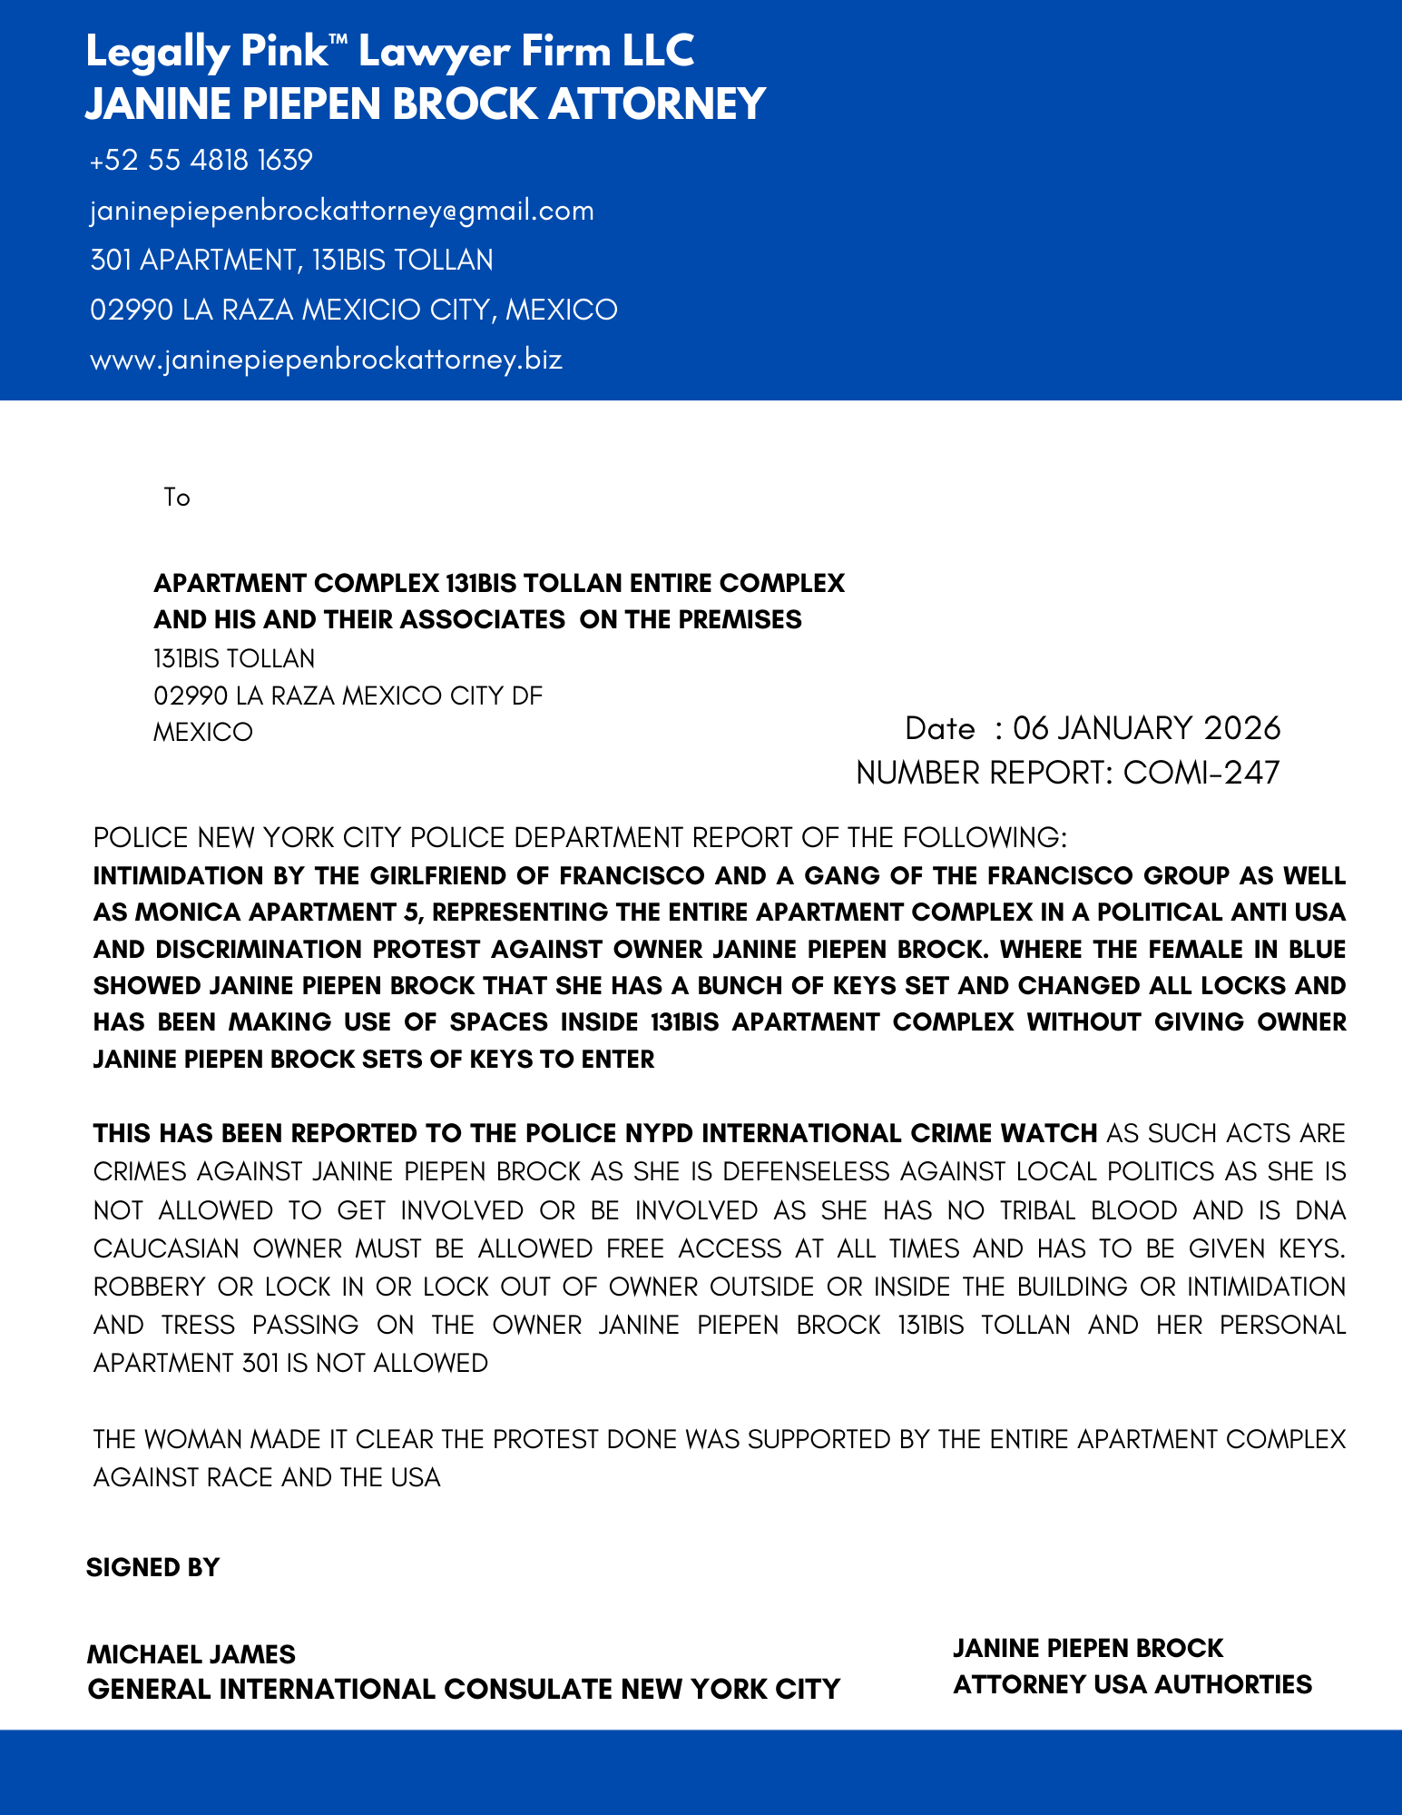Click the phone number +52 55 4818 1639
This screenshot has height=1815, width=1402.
tap(201, 161)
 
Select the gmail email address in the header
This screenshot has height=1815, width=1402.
tap(342, 211)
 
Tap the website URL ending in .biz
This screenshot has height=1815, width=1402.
tap(326, 360)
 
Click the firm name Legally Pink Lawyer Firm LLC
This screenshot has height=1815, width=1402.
tap(389, 52)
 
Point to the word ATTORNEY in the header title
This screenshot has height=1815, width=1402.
tap(657, 104)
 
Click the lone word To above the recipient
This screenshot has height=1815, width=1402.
tap(177, 498)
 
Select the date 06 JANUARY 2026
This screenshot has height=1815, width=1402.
tap(1146, 728)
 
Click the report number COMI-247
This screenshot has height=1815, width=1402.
tap(1201, 773)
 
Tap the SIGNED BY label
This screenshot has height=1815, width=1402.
tap(153, 1567)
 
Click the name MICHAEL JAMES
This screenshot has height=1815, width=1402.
tap(191, 1654)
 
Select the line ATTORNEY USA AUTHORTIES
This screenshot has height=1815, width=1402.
tap(1132, 1685)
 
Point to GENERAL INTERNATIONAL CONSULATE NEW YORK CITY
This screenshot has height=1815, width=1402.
tap(464, 1690)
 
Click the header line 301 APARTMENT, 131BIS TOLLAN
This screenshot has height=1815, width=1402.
tap(291, 261)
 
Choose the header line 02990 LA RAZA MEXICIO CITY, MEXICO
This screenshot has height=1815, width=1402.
tap(354, 311)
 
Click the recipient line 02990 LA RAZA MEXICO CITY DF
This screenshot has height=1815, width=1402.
tap(348, 696)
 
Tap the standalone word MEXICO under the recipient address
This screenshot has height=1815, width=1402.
tap(203, 733)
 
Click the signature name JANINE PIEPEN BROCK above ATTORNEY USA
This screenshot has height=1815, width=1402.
tap(1088, 1649)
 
